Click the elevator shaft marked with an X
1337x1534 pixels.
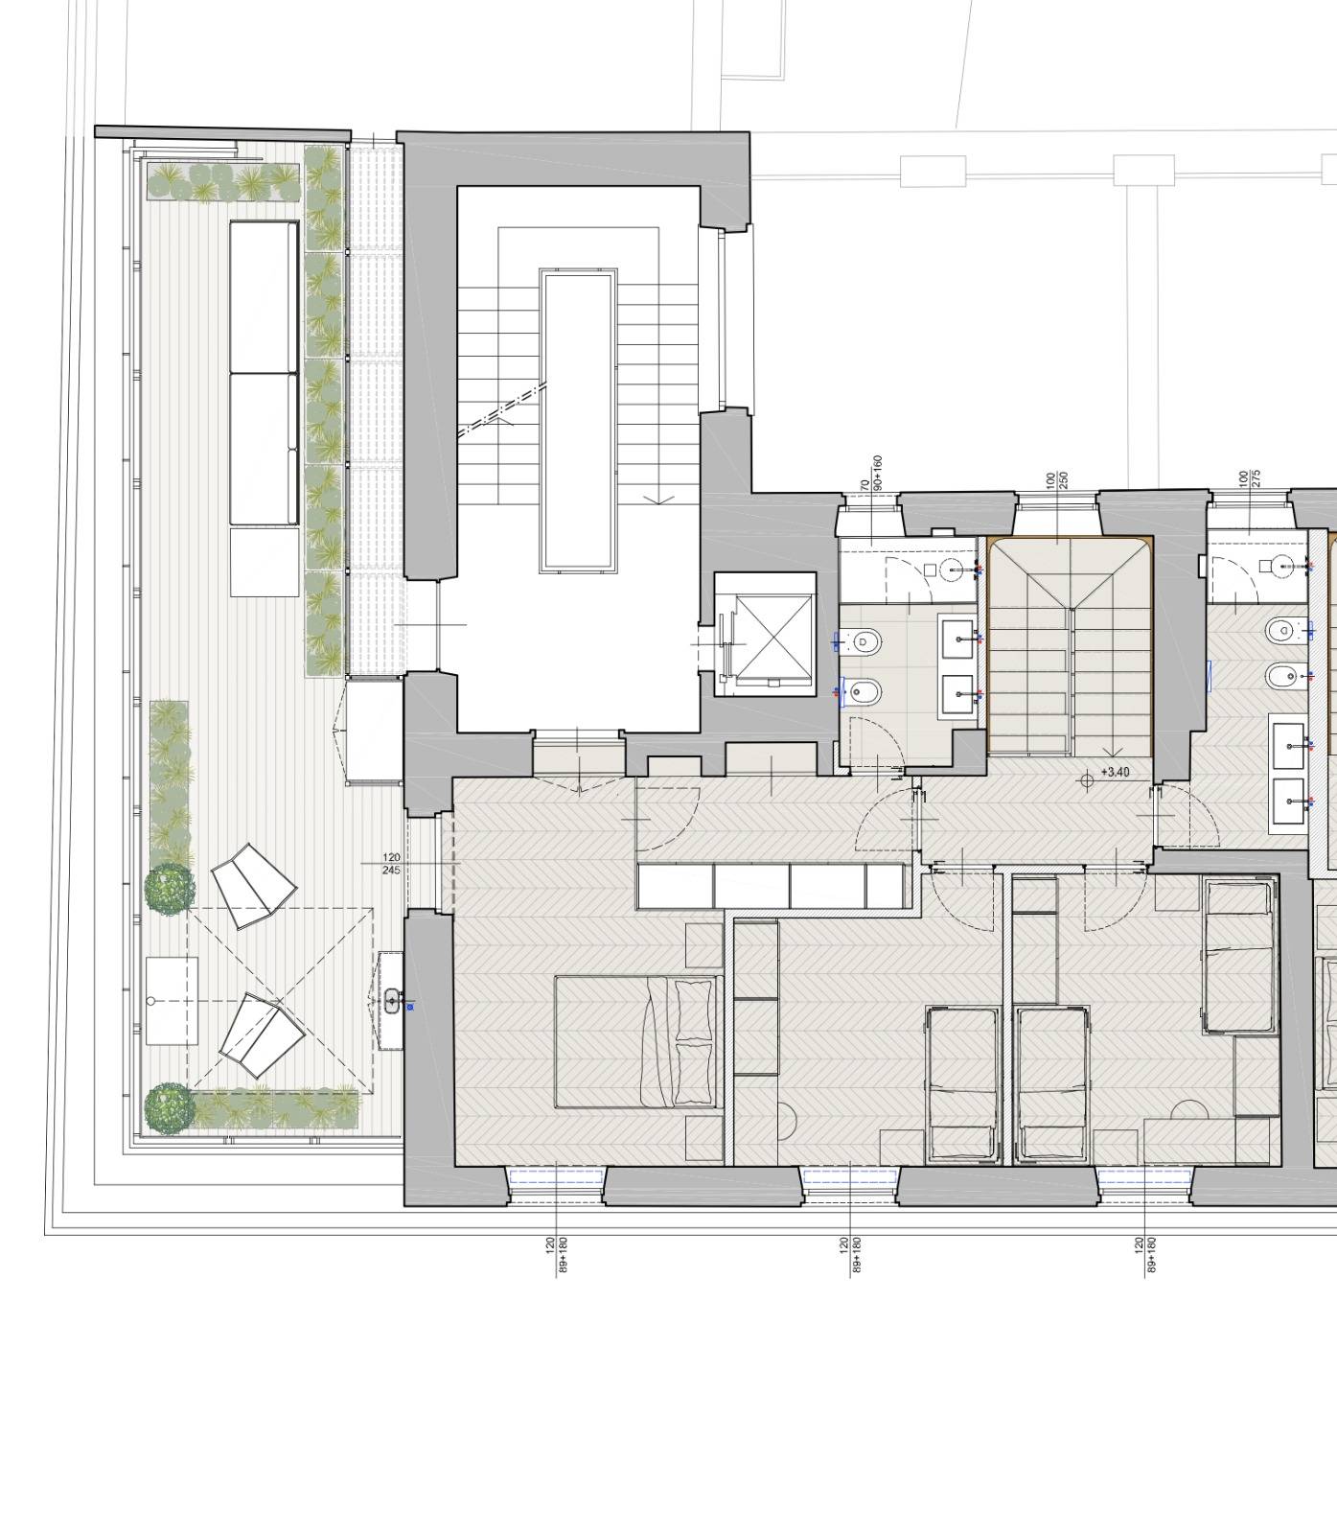click(765, 635)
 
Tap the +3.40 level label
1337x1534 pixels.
click(1115, 772)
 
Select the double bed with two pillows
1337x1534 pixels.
click(638, 1042)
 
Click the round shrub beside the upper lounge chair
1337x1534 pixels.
click(170, 887)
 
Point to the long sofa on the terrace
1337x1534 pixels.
click(264, 373)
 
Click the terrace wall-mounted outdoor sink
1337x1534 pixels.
click(391, 1001)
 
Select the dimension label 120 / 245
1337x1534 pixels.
click(391, 864)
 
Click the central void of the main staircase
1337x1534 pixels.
click(578, 421)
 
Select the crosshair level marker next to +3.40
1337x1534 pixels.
click(1086, 780)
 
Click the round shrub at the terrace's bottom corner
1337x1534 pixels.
click(170, 1108)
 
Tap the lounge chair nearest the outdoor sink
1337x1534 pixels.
click(261, 1034)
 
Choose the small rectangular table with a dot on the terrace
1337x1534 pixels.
click(172, 1001)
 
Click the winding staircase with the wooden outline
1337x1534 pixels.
click(1070, 647)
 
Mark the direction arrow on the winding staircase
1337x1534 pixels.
click(1113, 753)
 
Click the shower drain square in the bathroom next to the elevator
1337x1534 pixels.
click(930, 570)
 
